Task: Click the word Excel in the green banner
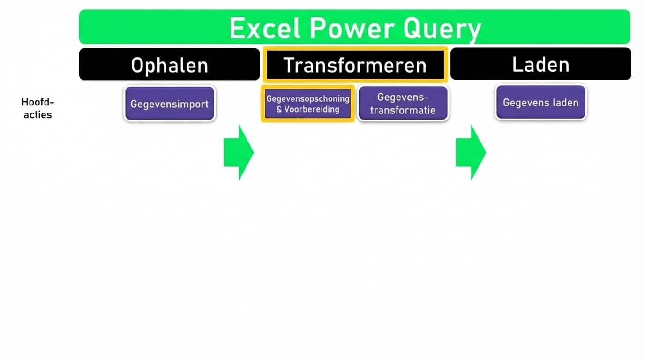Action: point(265,28)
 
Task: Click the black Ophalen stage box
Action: point(169,65)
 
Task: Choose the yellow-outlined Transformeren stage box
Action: point(355,65)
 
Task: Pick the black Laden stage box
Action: point(540,64)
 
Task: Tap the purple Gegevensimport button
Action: point(170,104)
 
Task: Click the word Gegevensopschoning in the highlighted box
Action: point(307,99)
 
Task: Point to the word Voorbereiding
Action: point(312,110)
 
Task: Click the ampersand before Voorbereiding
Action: point(279,110)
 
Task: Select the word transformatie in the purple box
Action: point(403,111)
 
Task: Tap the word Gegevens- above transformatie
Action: point(403,97)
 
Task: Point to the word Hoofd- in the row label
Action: point(38,102)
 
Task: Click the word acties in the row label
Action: point(38,115)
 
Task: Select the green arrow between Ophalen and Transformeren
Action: point(239,152)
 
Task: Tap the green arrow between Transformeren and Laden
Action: point(471,152)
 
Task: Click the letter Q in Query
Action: point(412,28)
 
